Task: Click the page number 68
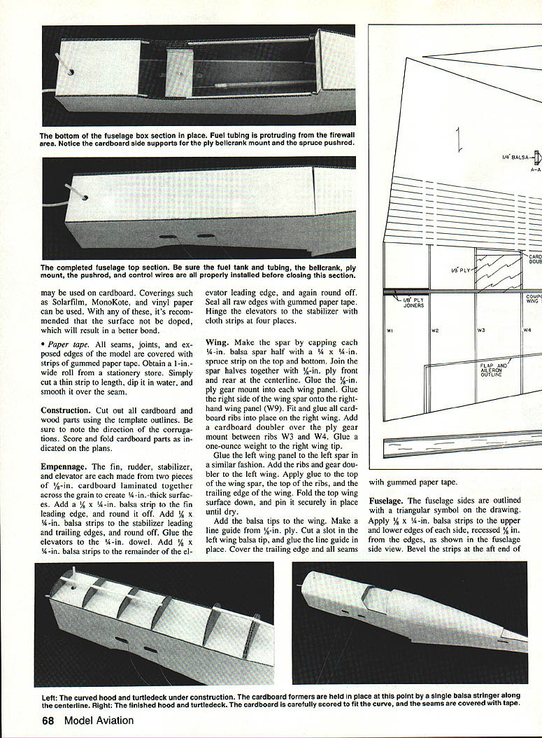tap(48, 720)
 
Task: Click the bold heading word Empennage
tap(64, 467)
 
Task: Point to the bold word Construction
tap(65, 410)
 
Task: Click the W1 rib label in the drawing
tap(390, 330)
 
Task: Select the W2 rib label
tap(435, 330)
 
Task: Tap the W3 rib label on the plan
tap(481, 330)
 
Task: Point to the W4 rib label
tap(527, 330)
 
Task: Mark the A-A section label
tap(536, 169)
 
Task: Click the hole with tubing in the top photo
tap(70, 74)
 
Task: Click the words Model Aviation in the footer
tap(99, 720)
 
